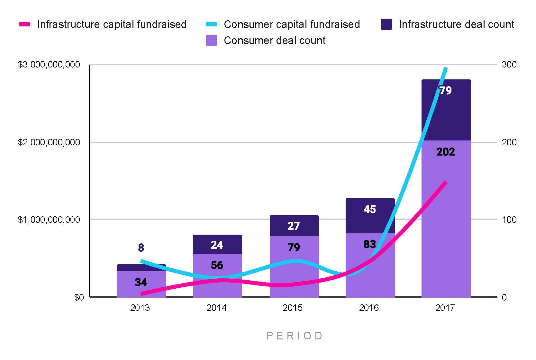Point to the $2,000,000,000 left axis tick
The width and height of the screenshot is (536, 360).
click(x=49, y=142)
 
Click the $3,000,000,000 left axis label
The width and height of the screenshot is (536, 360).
click(x=49, y=65)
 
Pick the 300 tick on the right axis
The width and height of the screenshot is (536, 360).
click(x=509, y=65)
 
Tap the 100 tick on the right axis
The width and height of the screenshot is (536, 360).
click(x=509, y=220)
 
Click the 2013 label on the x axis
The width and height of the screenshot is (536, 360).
click(x=140, y=308)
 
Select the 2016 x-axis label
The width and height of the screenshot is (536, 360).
click(x=369, y=308)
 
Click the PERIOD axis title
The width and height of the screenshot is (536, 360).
click(x=295, y=336)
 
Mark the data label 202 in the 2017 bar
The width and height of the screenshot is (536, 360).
click(x=445, y=152)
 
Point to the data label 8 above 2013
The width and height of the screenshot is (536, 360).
click(x=141, y=248)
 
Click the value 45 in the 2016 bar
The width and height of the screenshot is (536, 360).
click(x=369, y=210)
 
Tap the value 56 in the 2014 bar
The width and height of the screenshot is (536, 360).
click(x=217, y=265)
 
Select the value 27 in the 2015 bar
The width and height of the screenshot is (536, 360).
click(x=294, y=226)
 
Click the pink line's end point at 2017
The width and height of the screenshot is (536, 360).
click(x=446, y=182)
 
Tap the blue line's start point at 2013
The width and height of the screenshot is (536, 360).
click(x=142, y=261)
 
